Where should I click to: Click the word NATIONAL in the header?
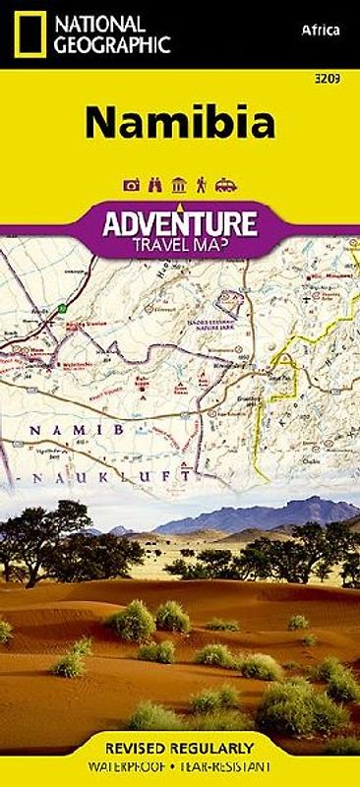[x=100, y=22]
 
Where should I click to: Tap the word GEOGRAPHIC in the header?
[x=113, y=43]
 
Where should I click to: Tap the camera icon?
[x=131, y=184]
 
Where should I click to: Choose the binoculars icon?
[x=154, y=184]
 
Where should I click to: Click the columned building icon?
[x=178, y=184]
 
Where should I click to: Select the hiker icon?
[x=202, y=184]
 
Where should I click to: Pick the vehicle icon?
[x=225, y=184]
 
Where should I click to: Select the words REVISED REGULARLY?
[x=179, y=748]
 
